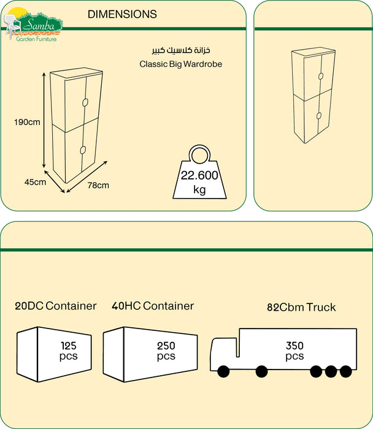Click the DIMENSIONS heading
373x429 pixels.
(x=122, y=14)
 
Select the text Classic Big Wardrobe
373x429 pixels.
(x=180, y=63)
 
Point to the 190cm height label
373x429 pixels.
(x=27, y=122)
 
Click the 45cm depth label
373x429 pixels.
(x=35, y=182)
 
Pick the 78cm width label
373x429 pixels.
(x=98, y=185)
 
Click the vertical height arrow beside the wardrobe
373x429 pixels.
(x=44, y=120)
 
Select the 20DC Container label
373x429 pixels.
(x=56, y=306)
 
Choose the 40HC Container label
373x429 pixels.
(x=153, y=306)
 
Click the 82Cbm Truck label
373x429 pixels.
(x=301, y=307)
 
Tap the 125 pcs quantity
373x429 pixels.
(x=69, y=351)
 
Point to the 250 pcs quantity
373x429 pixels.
(x=166, y=351)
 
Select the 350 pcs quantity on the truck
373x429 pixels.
(x=294, y=351)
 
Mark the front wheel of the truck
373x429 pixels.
(x=222, y=371)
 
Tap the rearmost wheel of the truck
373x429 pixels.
(x=346, y=371)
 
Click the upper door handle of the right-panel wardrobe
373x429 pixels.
(x=320, y=76)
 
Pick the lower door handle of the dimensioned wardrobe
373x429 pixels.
(x=81, y=149)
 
